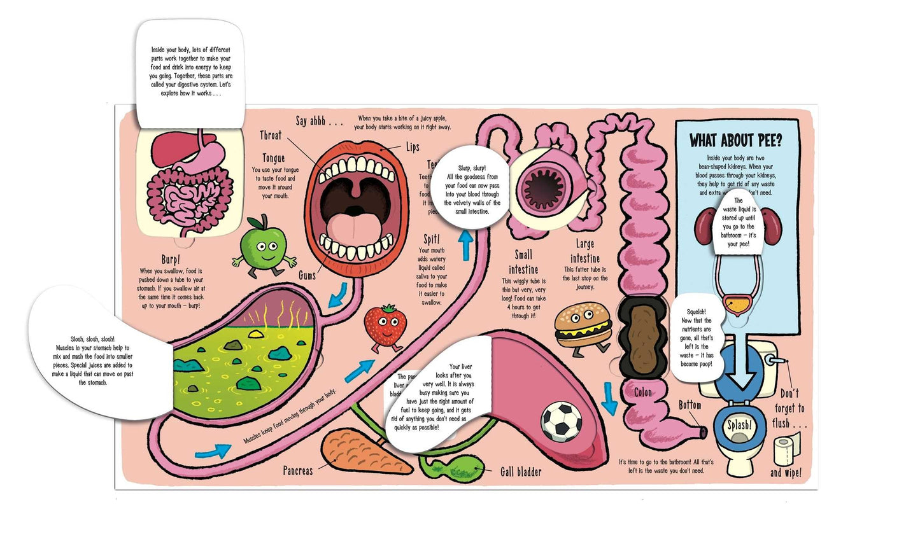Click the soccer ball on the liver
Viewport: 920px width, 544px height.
pos(561,421)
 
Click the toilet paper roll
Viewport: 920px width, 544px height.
pos(788,450)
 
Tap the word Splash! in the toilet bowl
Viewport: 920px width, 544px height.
pos(739,425)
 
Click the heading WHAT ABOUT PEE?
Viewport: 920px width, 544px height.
pos(736,141)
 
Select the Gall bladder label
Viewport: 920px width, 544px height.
pos(520,471)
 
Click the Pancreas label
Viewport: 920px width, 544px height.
pos(298,471)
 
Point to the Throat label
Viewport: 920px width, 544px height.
pos(271,136)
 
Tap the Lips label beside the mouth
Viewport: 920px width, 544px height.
pos(413,148)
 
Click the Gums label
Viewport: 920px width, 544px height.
pos(308,276)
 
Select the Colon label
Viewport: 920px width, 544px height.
pos(643,393)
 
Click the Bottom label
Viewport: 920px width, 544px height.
pos(690,405)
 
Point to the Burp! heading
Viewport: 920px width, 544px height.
pos(171,260)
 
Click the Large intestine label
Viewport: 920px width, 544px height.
pos(584,251)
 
